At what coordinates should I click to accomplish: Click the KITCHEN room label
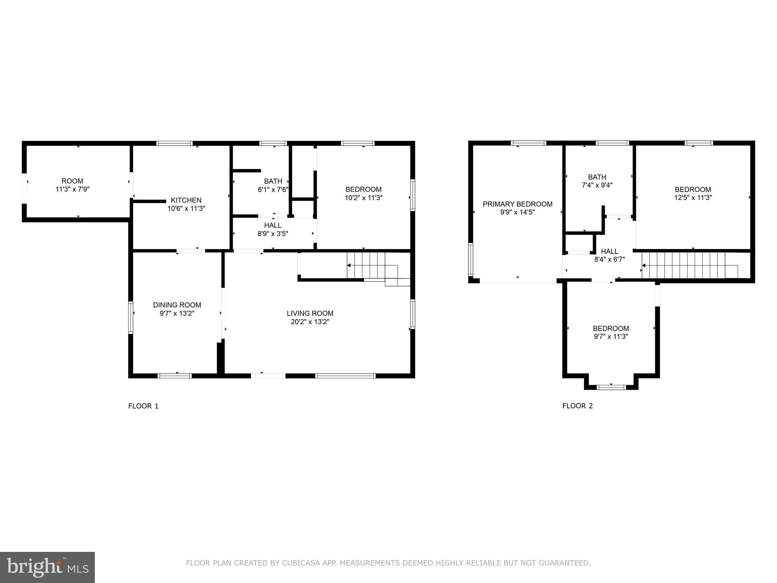(x=186, y=200)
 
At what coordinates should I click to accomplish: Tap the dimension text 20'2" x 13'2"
(x=310, y=322)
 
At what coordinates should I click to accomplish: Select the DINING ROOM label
(x=177, y=305)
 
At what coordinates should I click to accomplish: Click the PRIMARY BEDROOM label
(x=517, y=204)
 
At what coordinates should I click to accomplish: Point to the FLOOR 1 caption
(x=143, y=406)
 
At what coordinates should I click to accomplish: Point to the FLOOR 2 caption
(x=577, y=406)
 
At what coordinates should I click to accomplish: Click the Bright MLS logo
(x=47, y=567)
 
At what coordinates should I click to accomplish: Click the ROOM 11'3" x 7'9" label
(x=72, y=185)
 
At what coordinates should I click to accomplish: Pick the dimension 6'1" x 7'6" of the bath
(x=273, y=189)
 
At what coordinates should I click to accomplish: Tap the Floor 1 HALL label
(x=273, y=225)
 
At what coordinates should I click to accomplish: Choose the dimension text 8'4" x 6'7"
(x=609, y=260)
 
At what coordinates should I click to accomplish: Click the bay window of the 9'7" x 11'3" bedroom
(x=611, y=387)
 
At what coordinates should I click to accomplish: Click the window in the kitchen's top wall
(x=175, y=143)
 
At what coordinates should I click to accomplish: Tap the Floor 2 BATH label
(x=597, y=177)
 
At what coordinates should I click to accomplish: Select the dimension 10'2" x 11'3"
(x=363, y=198)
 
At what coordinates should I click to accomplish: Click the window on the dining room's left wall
(x=131, y=317)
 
